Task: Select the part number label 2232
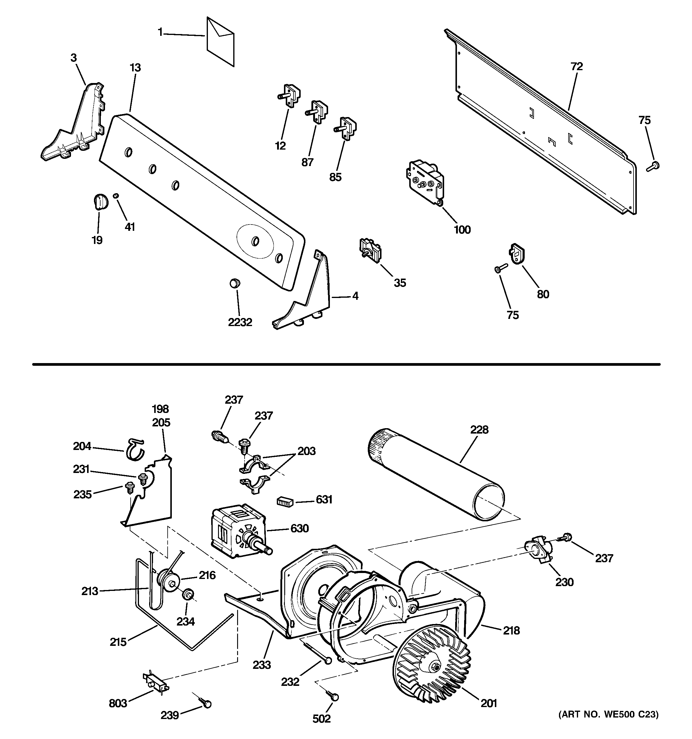[x=240, y=322]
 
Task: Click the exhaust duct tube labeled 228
[x=437, y=475]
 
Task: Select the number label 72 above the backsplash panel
[x=577, y=67]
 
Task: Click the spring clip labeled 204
[x=135, y=449]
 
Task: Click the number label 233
[x=262, y=665]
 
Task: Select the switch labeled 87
[x=316, y=111]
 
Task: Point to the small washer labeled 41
[x=116, y=195]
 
